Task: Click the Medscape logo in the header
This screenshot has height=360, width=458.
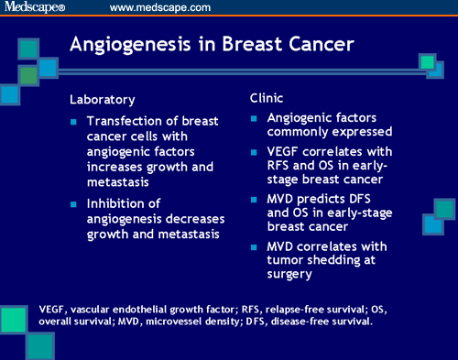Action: click(36, 8)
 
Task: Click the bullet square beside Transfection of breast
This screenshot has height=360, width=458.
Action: click(74, 121)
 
